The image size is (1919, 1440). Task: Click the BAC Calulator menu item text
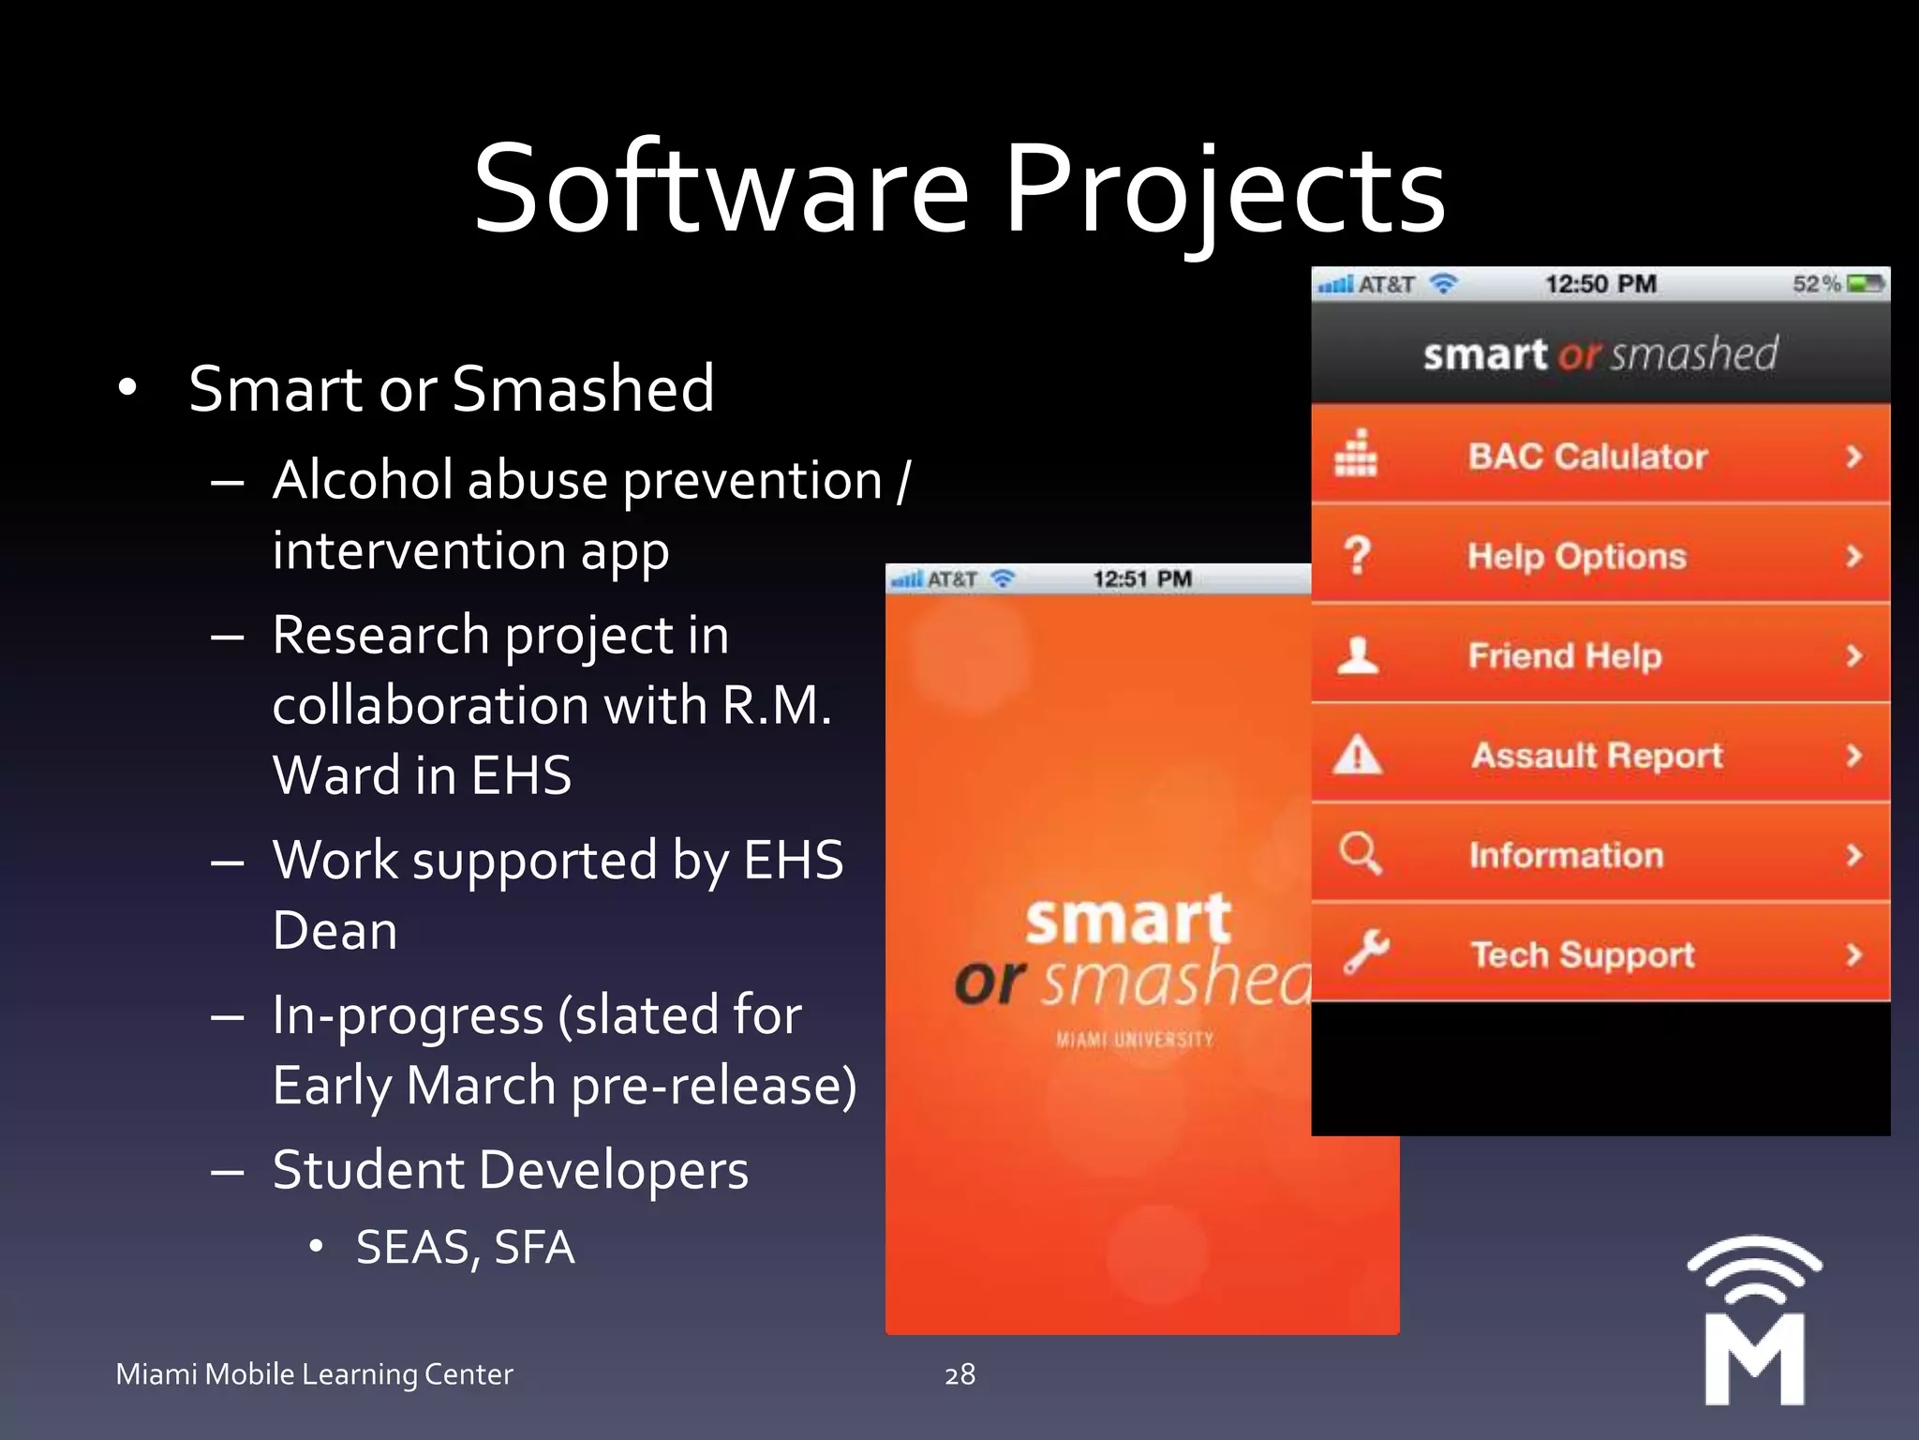click(x=1587, y=457)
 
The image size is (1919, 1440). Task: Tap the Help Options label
click(x=1577, y=556)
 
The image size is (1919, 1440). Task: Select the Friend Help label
click(x=1565, y=655)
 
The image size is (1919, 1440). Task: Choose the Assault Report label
click(x=1597, y=755)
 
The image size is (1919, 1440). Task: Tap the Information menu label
click(x=1566, y=855)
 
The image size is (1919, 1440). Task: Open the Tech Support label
click(x=1583, y=954)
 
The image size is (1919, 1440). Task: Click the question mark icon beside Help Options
click(x=1357, y=555)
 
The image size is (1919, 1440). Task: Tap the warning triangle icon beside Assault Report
click(x=1357, y=755)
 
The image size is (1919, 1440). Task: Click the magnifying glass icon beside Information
click(x=1360, y=853)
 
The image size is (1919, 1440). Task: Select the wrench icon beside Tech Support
click(x=1365, y=953)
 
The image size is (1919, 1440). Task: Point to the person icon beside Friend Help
click(x=1357, y=655)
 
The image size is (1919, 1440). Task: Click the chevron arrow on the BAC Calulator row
click(x=1852, y=457)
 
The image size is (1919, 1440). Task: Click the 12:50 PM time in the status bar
click(x=1600, y=284)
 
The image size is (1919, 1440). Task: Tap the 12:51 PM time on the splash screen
click(x=1142, y=579)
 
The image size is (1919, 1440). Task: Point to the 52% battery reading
click(x=1816, y=284)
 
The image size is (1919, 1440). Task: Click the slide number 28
click(x=959, y=1374)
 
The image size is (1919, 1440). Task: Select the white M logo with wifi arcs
click(x=1754, y=1322)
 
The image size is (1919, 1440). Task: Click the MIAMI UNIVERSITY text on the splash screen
click(x=1135, y=1040)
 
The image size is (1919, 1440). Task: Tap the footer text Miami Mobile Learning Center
click(x=314, y=1374)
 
